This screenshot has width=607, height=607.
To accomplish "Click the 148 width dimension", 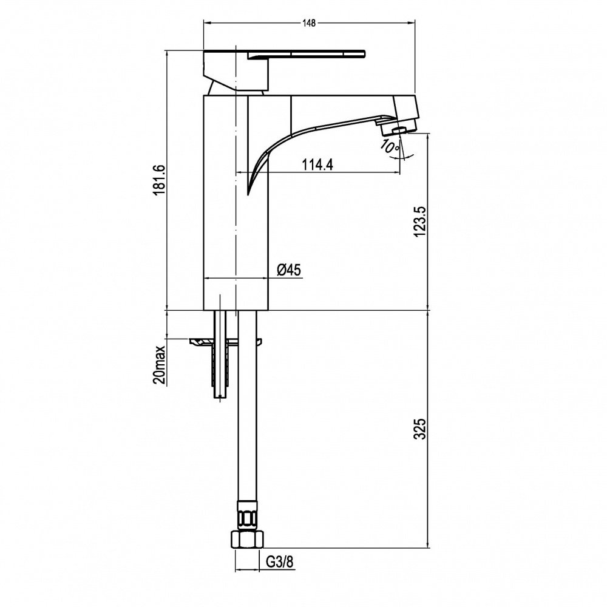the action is [x=309, y=23].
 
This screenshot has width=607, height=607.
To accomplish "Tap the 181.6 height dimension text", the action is [x=160, y=180].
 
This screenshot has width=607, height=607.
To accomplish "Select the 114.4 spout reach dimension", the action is [x=317, y=165].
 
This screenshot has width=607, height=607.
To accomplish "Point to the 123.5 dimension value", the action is [x=421, y=222].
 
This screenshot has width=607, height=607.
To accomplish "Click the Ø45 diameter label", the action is [x=289, y=270].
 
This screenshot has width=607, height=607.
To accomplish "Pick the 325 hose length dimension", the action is [x=421, y=429].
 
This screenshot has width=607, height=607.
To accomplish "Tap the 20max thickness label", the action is [x=160, y=364].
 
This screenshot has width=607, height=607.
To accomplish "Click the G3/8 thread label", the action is [x=279, y=561].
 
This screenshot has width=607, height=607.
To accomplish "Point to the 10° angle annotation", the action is [x=389, y=147].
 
